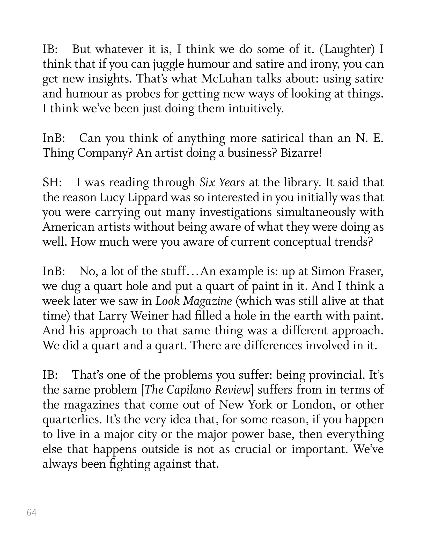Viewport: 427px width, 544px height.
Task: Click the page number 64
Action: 32,512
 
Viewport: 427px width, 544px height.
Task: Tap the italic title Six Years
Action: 222,183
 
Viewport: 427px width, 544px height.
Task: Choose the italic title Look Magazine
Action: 194,301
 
